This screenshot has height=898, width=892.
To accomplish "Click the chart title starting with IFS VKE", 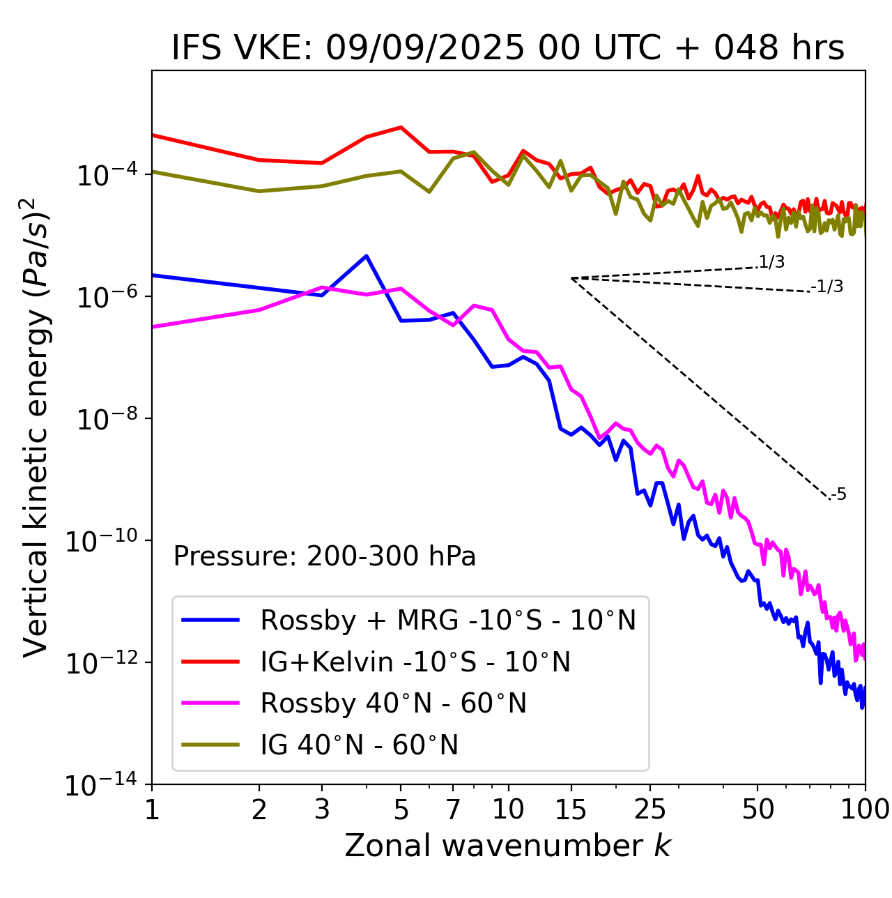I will point(508,49).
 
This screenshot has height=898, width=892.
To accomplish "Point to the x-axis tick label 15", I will point(571,809).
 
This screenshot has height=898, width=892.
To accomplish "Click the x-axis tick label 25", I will point(650,809).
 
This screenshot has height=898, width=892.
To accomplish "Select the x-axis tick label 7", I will point(453,809).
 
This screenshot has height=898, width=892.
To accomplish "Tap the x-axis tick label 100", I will point(865,809).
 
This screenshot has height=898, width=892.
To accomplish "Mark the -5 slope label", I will point(838,495).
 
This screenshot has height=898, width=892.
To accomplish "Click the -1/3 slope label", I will point(828,287).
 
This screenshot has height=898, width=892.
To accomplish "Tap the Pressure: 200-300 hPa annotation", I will point(325,556).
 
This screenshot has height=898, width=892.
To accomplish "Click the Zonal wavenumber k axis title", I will point(508,846).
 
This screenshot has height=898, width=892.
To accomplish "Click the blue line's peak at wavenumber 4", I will point(367,256).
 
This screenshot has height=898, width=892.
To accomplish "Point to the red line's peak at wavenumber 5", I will point(401,127).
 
